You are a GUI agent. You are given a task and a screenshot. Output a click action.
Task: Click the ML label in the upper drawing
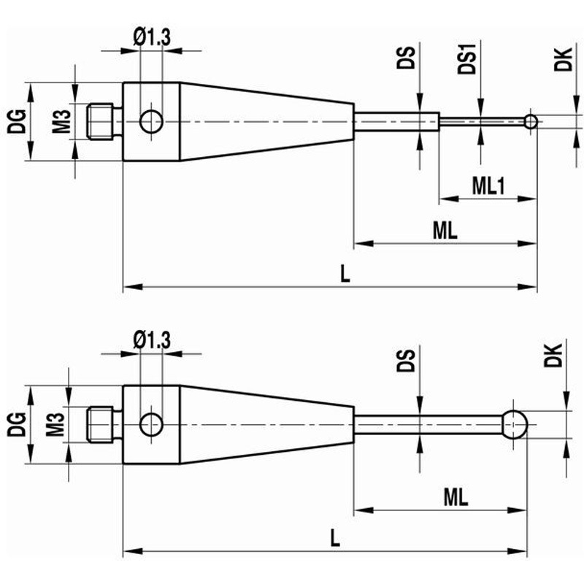click(x=445, y=231)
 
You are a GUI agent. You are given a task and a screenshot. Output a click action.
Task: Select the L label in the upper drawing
click(x=345, y=274)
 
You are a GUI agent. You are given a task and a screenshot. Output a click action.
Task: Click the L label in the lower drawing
click(x=334, y=539)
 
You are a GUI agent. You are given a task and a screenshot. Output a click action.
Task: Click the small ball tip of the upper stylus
click(x=531, y=120)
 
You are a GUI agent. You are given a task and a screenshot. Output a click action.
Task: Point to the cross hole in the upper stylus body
click(x=151, y=121)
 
